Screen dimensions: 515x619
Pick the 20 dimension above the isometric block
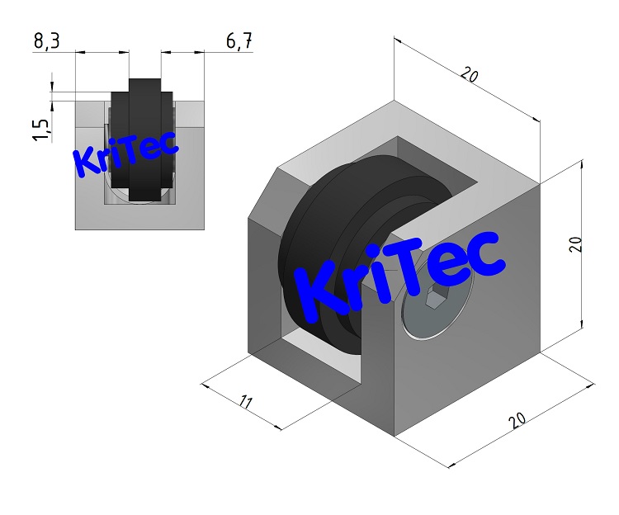click(x=469, y=77)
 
